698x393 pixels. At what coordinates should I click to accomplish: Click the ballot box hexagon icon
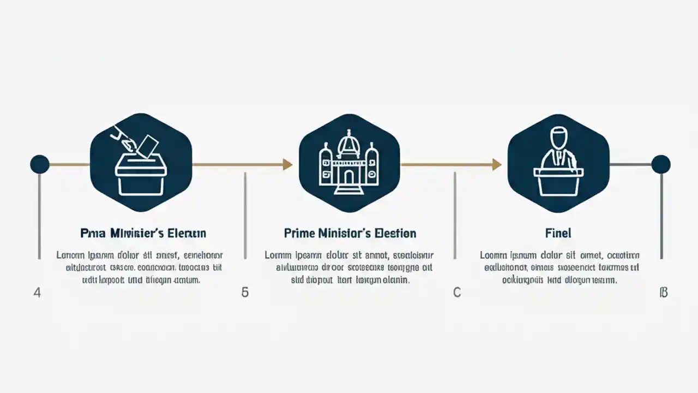pos(141,163)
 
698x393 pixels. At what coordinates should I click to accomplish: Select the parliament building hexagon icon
pos(349,163)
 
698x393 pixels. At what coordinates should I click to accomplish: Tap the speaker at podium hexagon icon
pos(558,163)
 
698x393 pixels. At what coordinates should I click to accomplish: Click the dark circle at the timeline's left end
pos(39,164)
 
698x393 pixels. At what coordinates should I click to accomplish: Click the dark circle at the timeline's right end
pos(661,164)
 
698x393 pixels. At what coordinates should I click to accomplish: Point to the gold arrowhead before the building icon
pos(287,164)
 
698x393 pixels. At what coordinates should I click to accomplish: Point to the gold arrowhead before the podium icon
pos(496,164)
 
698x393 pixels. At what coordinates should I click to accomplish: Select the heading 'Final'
pos(558,234)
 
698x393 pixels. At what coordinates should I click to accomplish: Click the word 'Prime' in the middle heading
pos(299,234)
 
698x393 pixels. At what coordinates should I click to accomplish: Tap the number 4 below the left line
pos(37,293)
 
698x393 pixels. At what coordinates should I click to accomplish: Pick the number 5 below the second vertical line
pos(245,293)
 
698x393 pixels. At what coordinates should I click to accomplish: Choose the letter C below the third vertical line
pos(457,293)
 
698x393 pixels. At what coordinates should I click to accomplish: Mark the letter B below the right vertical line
pos(664,293)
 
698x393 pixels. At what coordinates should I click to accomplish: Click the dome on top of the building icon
pos(349,143)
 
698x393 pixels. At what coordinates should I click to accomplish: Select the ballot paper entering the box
pos(148,146)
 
